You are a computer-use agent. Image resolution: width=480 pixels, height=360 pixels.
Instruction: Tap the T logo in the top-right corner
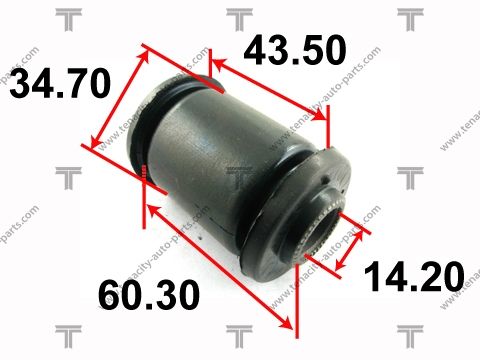click(409, 17)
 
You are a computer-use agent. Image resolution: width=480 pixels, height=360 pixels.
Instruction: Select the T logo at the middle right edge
click(409, 177)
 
